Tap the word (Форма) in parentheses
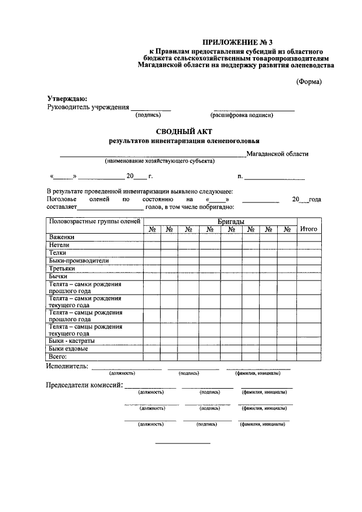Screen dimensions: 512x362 (x=309, y=81)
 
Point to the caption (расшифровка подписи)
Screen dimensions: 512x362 (x=242, y=115)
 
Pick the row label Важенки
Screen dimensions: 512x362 (x=62, y=237)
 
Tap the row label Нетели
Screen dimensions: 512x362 (x=59, y=245)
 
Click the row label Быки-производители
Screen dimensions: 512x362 (x=79, y=261)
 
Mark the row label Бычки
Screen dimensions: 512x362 (x=58, y=277)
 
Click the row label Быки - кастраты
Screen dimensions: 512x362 (x=72, y=341)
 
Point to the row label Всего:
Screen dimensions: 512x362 (x=58, y=357)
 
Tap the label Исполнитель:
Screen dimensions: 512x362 (x=67, y=366)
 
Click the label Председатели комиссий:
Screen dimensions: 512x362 (x=84, y=385)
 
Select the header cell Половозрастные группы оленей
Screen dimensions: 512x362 (x=94, y=221)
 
